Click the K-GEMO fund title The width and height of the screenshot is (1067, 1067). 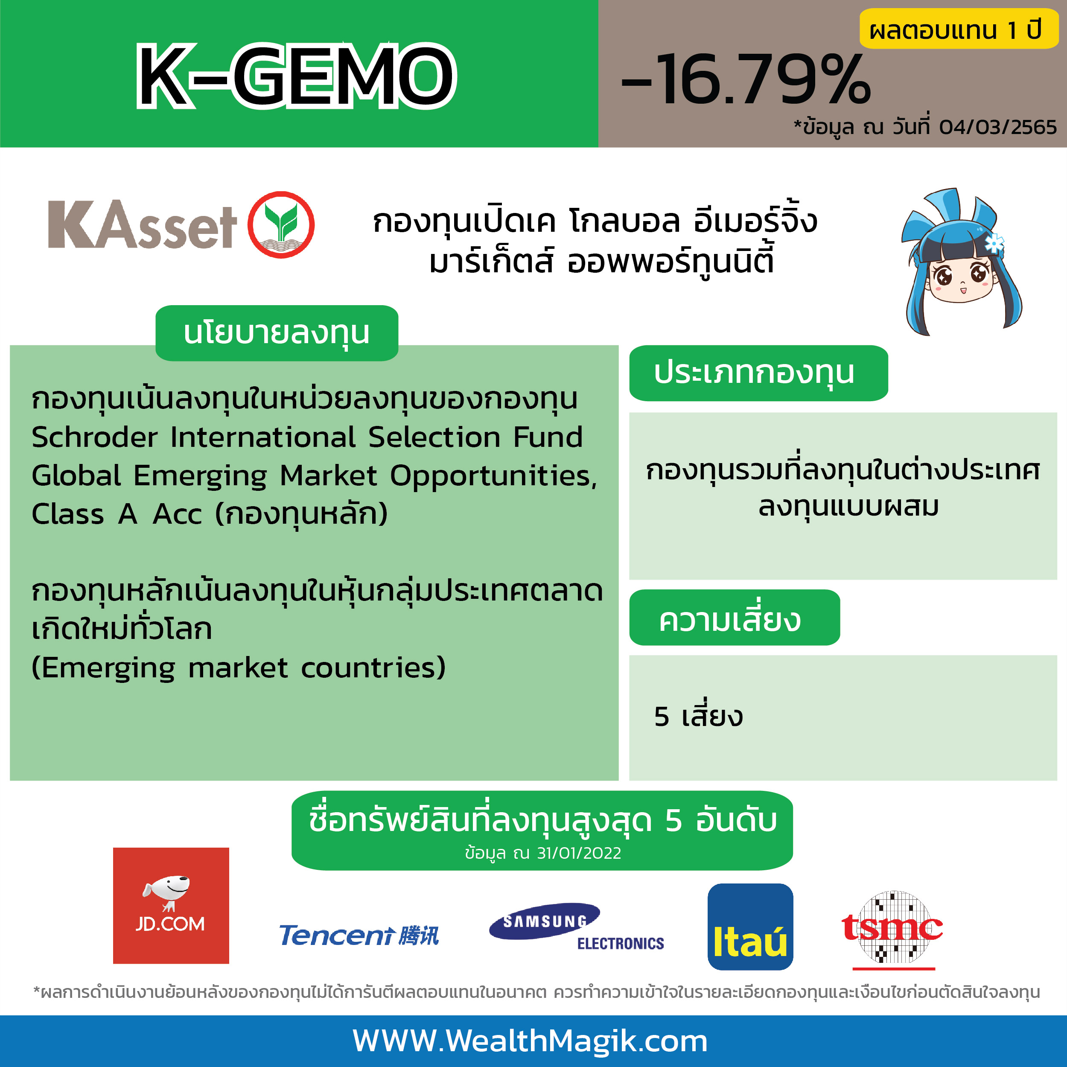tap(297, 76)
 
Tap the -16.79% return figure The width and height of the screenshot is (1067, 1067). tap(746, 79)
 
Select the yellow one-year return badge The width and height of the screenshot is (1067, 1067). tap(958, 29)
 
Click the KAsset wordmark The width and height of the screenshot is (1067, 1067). tap(142, 224)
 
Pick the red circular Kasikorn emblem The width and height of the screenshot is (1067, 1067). tap(280, 225)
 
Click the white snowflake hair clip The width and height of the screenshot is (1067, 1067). tap(994, 242)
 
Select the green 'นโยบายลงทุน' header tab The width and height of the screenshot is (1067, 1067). tap(277, 333)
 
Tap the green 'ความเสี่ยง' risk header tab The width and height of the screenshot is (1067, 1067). tap(735, 618)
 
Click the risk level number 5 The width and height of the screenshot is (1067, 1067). tap(662, 717)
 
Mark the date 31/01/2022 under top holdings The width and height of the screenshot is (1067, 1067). tap(579, 853)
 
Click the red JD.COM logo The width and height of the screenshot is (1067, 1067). tap(171, 906)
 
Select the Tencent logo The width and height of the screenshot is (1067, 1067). tap(359, 936)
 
